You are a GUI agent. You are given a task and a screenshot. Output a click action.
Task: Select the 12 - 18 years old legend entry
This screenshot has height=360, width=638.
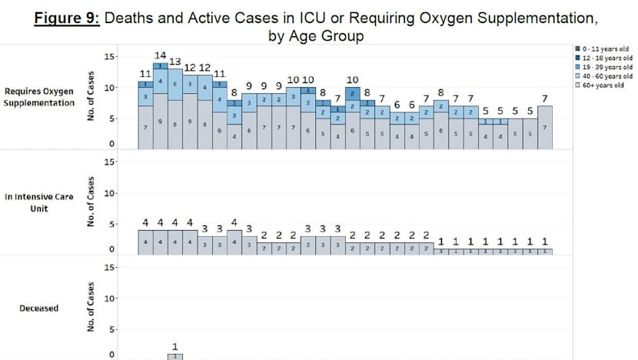[x=606, y=58]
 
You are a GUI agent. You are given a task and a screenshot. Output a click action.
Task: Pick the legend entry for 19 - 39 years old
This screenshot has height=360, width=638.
[x=606, y=67]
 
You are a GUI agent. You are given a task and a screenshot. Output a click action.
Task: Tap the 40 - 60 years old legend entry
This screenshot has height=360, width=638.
[x=606, y=76]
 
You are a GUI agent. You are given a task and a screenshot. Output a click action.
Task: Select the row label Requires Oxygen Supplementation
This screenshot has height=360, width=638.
[x=39, y=97]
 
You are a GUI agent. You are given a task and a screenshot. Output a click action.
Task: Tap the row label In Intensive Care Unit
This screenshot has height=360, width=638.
[x=39, y=202]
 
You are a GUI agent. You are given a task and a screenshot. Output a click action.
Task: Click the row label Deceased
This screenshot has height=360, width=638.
[x=39, y=308]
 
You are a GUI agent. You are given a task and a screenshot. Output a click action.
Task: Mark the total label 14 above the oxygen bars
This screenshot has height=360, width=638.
[x=161, y=55]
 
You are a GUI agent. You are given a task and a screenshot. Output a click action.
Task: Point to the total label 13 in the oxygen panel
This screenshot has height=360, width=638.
[x=175, y=62]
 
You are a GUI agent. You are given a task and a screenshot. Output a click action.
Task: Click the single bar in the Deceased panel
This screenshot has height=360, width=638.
[x=175, y=356]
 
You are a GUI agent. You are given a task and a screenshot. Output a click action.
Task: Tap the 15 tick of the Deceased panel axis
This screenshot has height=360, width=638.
[x=108, y=267]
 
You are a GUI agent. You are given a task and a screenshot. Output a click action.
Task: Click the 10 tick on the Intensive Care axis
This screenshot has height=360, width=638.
[x=108, y=193]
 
